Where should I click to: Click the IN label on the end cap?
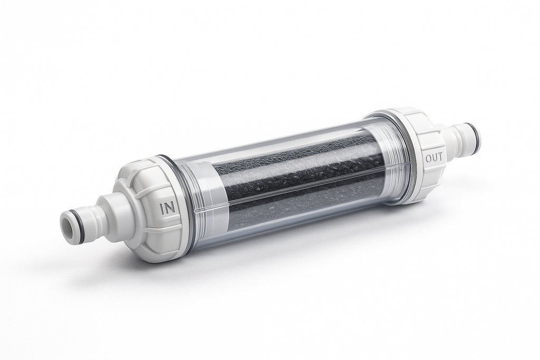(x=168, y=209)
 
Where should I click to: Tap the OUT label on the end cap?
(x=434, y=158)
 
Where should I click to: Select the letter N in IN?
(x=171, y=208)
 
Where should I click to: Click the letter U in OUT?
(x=435, y=158)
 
